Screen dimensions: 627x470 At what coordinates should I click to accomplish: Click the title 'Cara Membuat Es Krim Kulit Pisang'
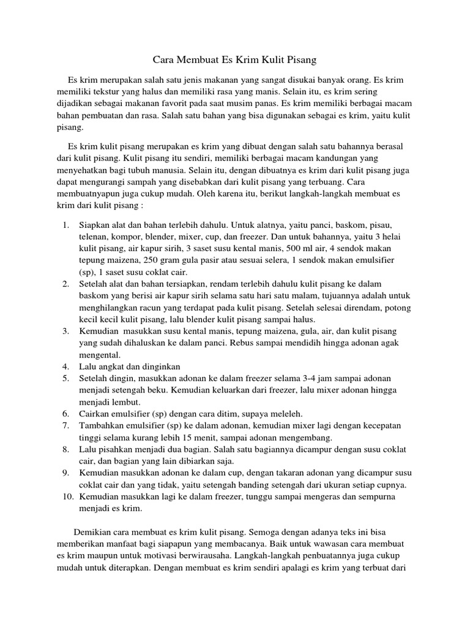[x=234, y=61]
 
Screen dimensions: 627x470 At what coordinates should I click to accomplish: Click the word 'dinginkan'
[x=160, y=367]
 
